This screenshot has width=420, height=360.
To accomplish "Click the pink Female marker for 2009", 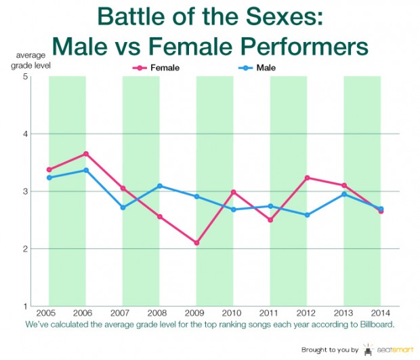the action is [196, 243].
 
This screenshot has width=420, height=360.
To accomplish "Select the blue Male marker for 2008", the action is [160, 186].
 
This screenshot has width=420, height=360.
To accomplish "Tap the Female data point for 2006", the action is [86, 154].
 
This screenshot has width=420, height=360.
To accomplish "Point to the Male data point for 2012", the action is [308, 215].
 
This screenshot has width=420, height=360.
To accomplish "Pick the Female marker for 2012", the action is [308, 178].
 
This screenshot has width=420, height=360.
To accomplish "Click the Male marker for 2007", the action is [123, 207].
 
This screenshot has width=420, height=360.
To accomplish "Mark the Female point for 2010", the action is [233, 192].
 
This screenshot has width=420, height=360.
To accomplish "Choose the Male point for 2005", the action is [49, 178].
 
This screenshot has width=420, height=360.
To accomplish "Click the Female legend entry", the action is [156, 68].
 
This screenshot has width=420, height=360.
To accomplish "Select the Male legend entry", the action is [257, 68].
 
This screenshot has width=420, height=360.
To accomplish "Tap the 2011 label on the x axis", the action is [268, 313].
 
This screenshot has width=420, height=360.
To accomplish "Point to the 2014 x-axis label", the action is [380, 313].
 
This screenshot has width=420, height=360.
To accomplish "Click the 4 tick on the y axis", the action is [26, 134].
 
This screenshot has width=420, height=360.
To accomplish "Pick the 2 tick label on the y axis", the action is [26, 249].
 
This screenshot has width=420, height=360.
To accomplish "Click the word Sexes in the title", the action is [285, 17].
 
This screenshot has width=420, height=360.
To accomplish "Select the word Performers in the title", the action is [304, 46].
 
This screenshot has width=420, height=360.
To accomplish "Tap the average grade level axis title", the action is [30, 60].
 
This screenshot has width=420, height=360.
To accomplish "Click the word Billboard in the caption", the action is [377, 324].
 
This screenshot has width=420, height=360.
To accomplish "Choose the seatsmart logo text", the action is [395, 350].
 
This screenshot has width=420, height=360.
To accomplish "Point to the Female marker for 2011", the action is [270, 220].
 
